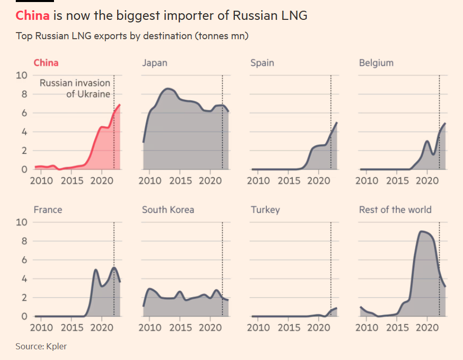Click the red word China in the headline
33,15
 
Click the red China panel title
46,63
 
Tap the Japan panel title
154,63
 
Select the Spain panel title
262,63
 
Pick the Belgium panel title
376,63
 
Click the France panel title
48,210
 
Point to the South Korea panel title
168,210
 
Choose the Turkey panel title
265,210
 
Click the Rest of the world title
395,210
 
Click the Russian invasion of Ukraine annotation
75,88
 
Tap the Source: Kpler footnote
41,346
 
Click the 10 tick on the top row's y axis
21,75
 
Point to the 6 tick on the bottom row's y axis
24,260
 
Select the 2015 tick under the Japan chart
180,181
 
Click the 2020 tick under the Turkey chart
318,327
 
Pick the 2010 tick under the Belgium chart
367,181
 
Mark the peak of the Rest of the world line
421,231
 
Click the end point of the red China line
120,105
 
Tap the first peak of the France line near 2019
95,269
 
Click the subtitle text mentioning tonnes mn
132,36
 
